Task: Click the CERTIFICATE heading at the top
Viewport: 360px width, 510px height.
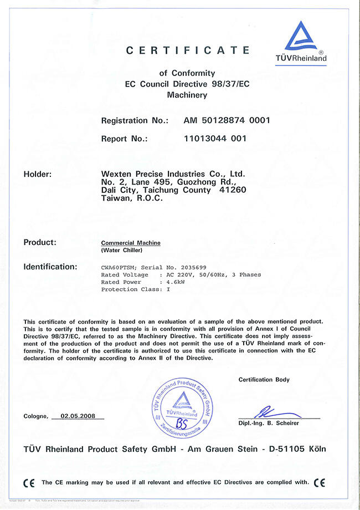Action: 188,50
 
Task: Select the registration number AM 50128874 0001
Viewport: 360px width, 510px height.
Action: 227,120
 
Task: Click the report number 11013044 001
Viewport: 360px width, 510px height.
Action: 215,139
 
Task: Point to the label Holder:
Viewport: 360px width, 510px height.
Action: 38,174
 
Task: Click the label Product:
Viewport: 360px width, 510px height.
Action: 40,242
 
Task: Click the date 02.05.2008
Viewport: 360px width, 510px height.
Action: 78,416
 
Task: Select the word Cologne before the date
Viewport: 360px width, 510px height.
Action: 35,416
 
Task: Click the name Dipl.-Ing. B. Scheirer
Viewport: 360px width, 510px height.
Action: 269,423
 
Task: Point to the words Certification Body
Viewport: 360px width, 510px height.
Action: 263,380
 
